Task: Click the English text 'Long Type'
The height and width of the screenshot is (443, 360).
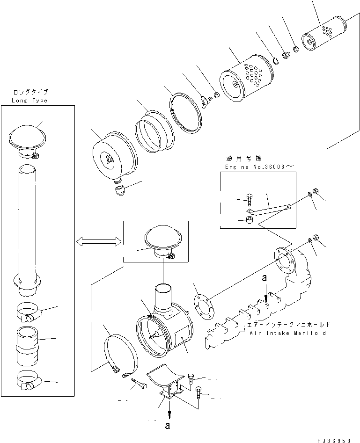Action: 30,101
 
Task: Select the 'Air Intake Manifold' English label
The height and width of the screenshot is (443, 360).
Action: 287,333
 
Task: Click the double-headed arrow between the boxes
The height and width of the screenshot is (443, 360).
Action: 98,241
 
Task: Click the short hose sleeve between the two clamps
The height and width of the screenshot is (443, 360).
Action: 29,346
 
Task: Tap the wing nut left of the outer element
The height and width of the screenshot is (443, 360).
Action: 205,101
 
